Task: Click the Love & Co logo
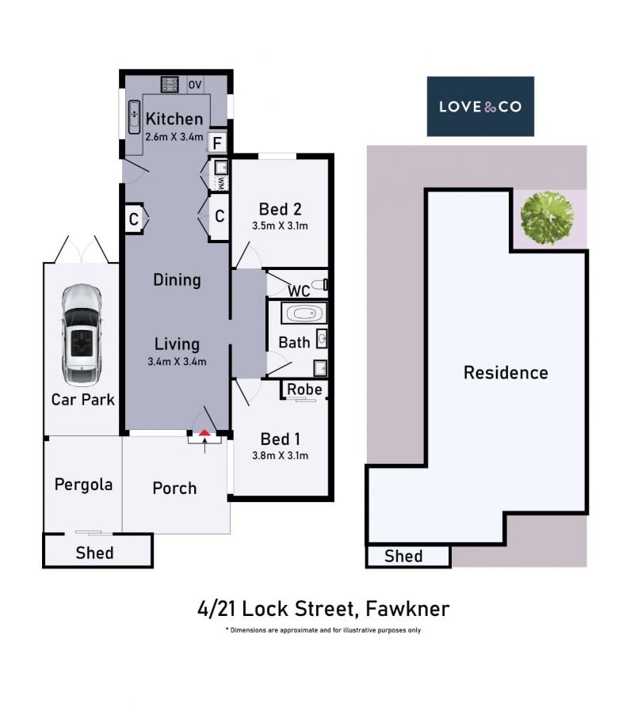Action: pos(480,106)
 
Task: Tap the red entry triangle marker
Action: pos(205,433)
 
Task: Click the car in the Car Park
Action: pos(82,335)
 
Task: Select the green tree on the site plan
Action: pos(547,218)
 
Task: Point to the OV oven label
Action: pos(195,85)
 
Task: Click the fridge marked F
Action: pos(217,143)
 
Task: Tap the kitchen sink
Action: pos(135,117)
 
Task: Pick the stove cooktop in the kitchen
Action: pos(170,84)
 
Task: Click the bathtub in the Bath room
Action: pos(304,313)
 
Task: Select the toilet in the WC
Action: pos(320,284)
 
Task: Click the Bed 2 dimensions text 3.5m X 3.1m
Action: pos(281,226)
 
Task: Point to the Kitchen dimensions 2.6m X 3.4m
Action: pos(174,137)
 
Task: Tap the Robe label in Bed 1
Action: pos(304,390)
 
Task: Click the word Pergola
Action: pos(83,485)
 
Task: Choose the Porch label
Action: pos(174,488)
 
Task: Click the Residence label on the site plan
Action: pos(506,373)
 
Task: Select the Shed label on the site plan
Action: pos(403,557)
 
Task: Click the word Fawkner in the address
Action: pos(407,609)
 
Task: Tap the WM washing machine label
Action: pos(221,183)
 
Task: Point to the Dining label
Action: pos(177,280)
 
